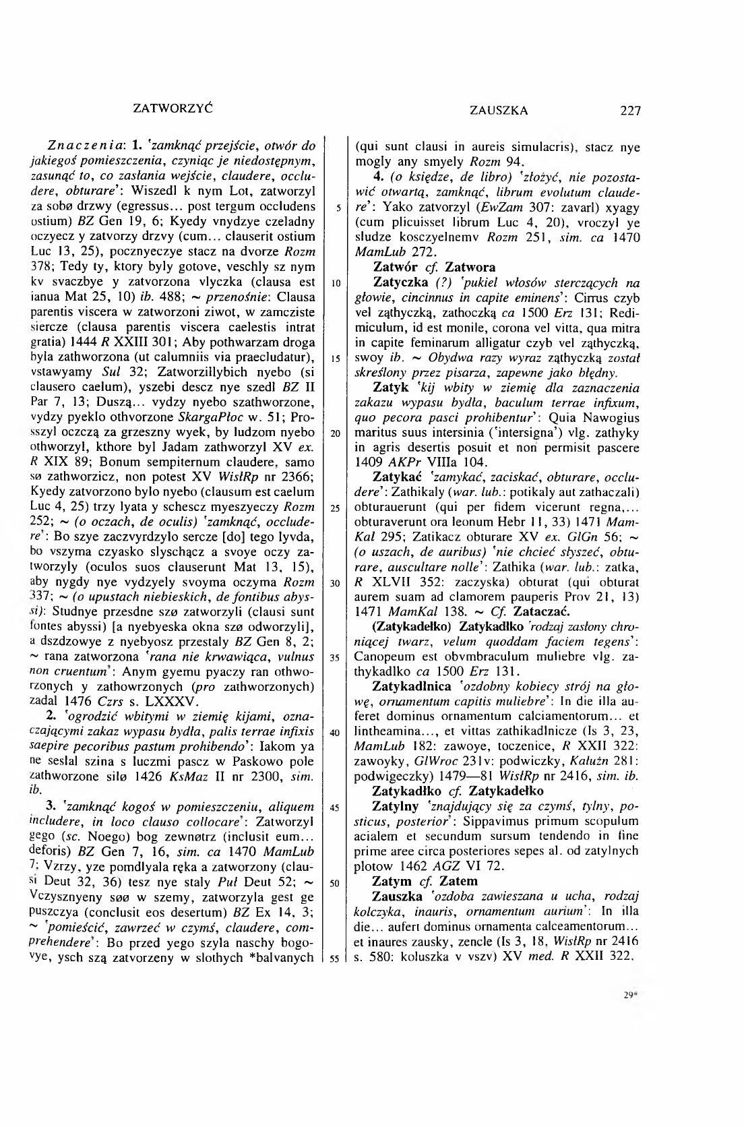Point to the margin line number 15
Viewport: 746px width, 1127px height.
click(335, 358)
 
